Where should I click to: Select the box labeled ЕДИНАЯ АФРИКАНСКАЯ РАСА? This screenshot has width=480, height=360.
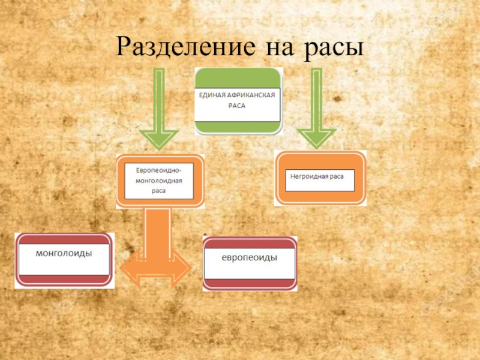(238, 100)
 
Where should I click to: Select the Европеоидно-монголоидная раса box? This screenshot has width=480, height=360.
(160, 181)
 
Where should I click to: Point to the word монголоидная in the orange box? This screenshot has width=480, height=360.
(158, 180)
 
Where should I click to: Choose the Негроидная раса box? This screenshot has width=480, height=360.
(320, 179)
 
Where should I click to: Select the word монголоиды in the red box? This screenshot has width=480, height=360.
(64, 253)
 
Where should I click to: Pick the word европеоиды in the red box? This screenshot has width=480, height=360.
(250, 257)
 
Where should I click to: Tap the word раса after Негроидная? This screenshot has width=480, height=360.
(337, 176)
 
